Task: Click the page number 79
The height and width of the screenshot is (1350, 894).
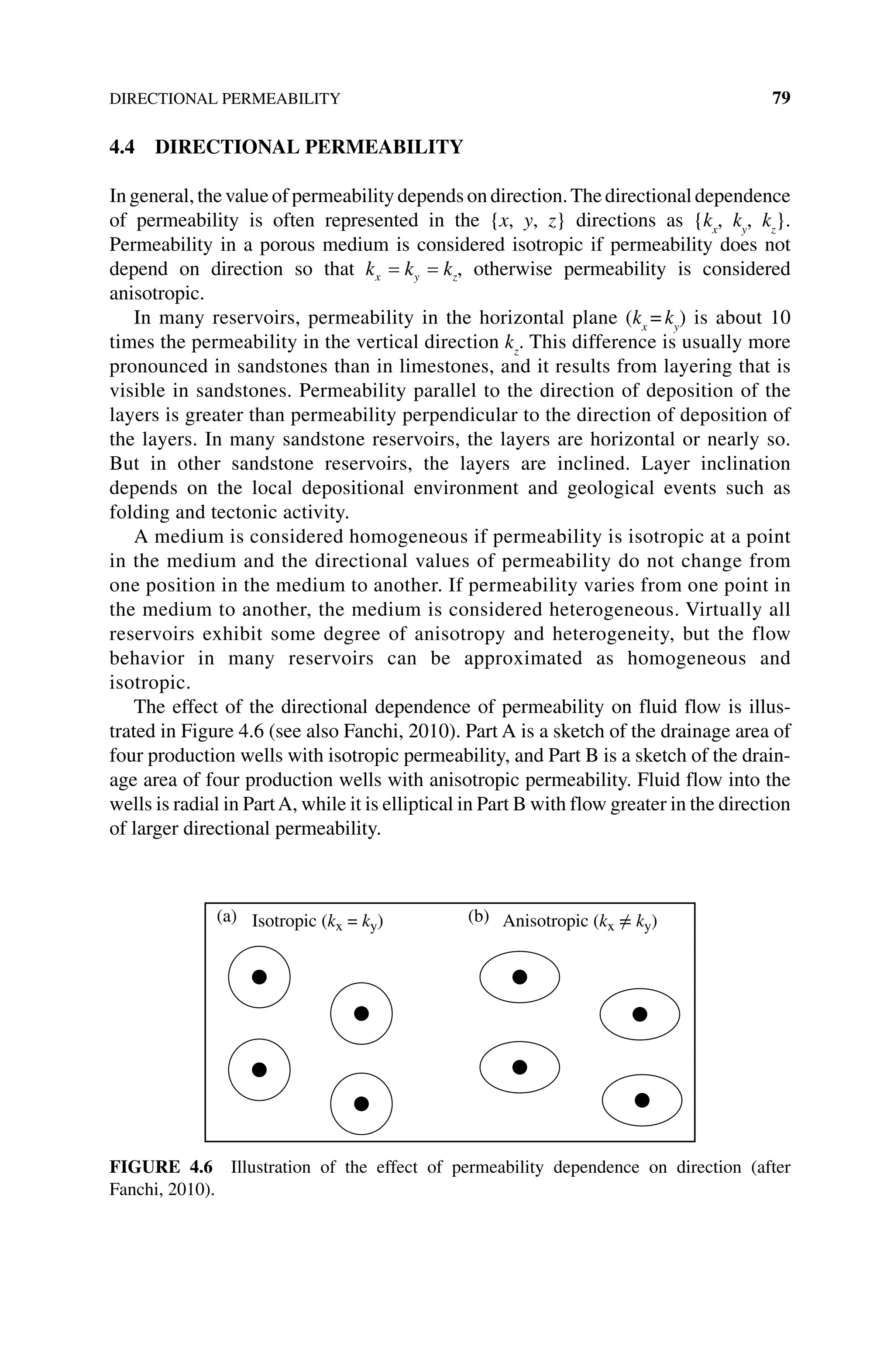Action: pos(781,98)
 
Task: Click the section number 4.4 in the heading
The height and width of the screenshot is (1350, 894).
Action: pos(122,147)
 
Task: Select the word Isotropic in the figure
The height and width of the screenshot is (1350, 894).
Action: pos(284,921)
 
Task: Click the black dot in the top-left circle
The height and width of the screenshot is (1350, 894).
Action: pos(259,977)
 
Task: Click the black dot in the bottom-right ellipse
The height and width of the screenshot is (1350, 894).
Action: pos(642,1100)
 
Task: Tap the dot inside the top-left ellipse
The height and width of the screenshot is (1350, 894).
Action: pos(519,977)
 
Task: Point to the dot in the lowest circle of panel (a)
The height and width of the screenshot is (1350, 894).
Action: pos(361,1104)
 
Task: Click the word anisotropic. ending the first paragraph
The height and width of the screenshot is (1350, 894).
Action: pos(156,293)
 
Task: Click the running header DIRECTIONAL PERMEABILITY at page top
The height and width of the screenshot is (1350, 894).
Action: pos(225,99)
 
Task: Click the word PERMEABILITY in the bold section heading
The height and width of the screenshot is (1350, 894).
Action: pos(384,147)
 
